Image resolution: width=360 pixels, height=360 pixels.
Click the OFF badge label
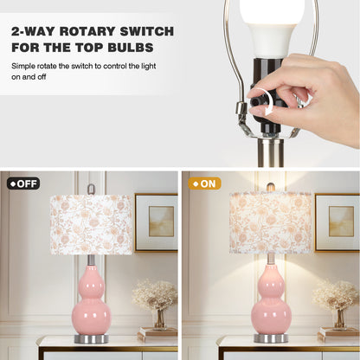point(23,183)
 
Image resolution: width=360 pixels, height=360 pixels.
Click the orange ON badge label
point(204,183)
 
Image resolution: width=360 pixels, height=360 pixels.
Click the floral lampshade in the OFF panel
point(91,223)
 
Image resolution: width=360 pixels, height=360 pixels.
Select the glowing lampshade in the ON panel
point(270,223)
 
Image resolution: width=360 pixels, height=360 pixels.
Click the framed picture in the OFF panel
point(156,222)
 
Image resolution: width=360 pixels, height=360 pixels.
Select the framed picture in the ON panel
point(337,222)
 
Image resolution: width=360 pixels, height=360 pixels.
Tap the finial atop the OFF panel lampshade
point(90,188)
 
